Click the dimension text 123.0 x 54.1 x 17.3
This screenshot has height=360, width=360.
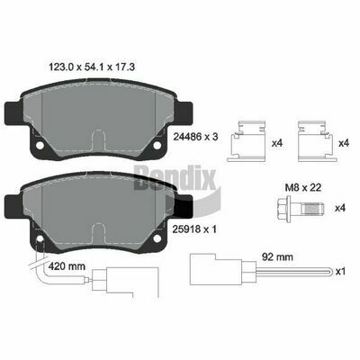coord(92,67)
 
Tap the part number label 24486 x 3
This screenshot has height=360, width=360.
coord(195,137)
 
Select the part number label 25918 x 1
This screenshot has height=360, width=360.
coord(194,229)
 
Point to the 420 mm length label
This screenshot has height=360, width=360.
coord(67,265)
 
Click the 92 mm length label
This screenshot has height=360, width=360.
coord(277,256)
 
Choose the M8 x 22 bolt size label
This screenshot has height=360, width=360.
coord(303,188)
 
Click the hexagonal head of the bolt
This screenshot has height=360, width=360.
coord(283,208)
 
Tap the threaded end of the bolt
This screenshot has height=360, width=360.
coord(313,208)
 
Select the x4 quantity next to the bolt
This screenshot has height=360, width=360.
coord(340,208)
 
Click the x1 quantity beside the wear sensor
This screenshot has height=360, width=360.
coord(340,272)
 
